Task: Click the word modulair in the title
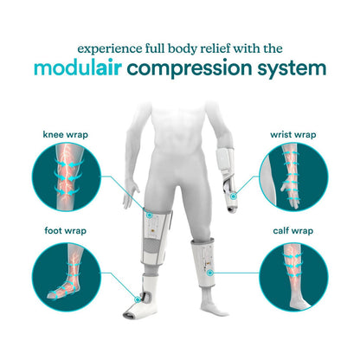point(78,68)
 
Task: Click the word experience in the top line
point(110,49)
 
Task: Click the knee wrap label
point(66,134)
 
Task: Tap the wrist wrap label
point(293,134)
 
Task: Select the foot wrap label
point(66,231)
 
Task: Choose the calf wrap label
point(293,231)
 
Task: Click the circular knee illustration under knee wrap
point(66,177)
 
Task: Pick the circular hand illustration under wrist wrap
point(293,177)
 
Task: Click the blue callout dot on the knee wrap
point(149,215)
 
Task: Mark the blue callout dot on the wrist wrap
point(234,196)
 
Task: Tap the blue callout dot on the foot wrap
point(138,299)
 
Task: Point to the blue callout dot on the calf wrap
point(210,273)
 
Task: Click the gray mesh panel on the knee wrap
point(154,244)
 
